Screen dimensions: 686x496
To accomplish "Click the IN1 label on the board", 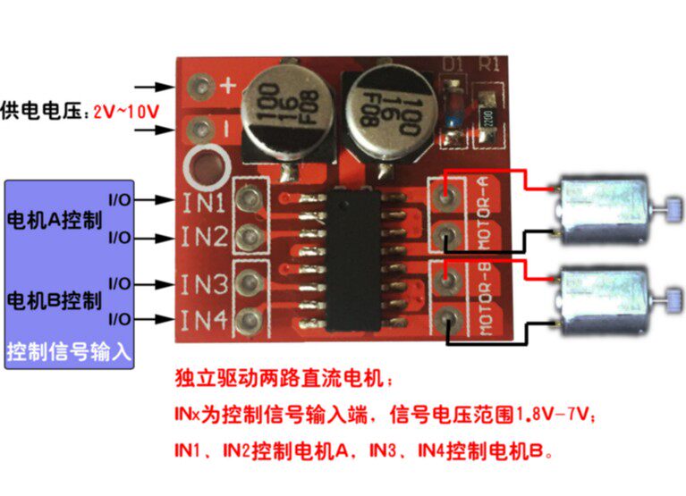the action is [203, 202].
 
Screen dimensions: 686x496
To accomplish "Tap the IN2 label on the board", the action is [203, 237].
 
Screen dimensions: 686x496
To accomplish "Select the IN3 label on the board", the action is [203, 285].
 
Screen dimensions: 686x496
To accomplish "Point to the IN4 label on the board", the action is [203, 319].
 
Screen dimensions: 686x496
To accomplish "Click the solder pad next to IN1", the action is [250, 198].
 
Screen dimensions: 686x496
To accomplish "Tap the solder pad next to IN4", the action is [250, 320].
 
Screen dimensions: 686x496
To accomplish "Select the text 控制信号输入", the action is [68, 350].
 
